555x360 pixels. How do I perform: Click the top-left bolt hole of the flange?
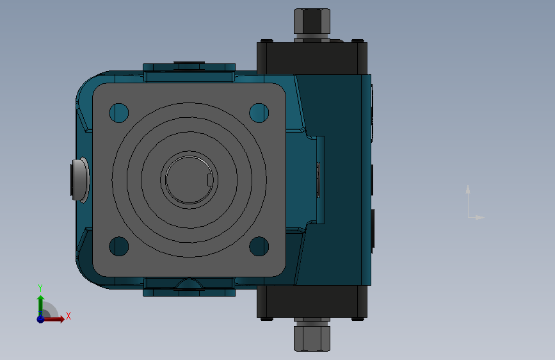pyautogui.click(x=119, y=113)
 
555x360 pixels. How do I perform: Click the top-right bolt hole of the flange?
pyautogui.click(x=259, y=113)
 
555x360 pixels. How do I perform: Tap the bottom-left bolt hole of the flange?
pyautogui.click(x=119, y=246)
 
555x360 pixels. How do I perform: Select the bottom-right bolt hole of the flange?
pyautogui.click(x=259, y=246)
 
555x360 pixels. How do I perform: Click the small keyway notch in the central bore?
pyautogui.click(x=210, y=180)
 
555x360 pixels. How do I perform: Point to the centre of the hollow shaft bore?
pyautogui.click(x=189, y=180)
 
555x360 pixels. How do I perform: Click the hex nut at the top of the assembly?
pyautogui.click(x=312, y=21)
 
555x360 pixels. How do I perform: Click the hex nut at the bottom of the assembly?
pyautogui.click(x=312, y=339)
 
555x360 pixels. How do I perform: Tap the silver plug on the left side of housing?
pyautogui.click(x=81, y=180)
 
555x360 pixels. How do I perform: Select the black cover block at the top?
pyautogui.click(x=312, y=58)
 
